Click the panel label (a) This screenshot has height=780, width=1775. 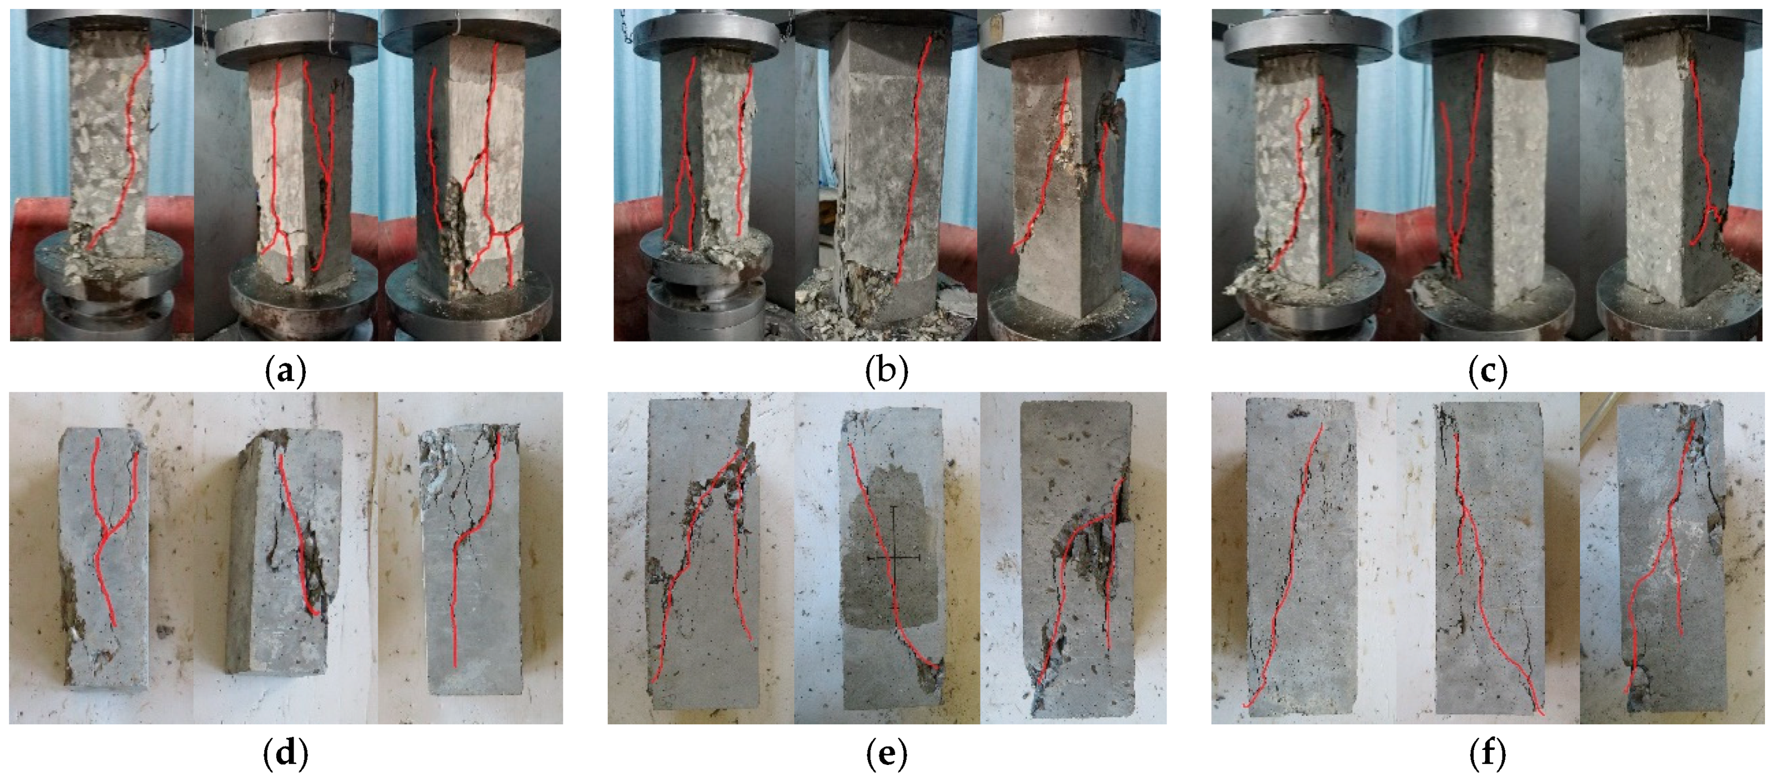(x=285, y=372)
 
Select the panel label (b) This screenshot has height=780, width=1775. (x=887, y=372)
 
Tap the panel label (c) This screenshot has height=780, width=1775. (x=1488, y=372)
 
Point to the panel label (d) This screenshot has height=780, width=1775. (x=285, y=754)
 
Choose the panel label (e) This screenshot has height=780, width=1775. (x=887, y=754)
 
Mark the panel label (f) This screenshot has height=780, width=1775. (x=1488, y=754)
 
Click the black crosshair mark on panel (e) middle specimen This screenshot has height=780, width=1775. (x=894, y=555)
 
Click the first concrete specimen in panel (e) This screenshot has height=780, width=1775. (x=701, y=555)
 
